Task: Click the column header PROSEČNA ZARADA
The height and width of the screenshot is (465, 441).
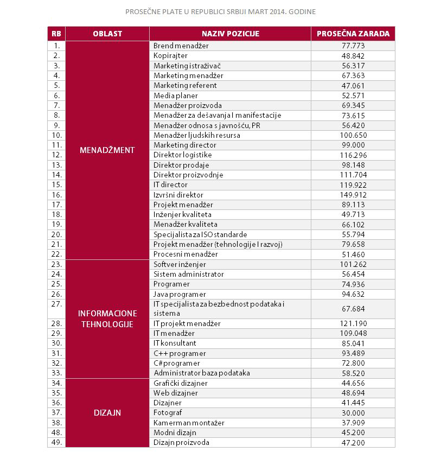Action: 353,34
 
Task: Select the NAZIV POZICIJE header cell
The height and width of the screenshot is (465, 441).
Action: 230,34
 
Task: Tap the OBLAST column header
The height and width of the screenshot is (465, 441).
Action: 107,34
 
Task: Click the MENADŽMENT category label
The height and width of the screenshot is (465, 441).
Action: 107,150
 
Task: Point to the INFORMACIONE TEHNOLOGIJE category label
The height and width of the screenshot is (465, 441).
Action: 107,319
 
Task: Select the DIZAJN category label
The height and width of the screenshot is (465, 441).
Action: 107,412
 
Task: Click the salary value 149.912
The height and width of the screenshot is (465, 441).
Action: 353,195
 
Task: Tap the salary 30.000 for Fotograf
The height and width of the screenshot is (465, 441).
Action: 353,413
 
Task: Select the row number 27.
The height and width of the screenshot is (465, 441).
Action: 56,304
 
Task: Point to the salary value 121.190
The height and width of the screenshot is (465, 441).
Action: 353,323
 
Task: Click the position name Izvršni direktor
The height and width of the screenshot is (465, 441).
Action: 178,195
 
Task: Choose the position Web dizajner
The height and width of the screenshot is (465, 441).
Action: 176,393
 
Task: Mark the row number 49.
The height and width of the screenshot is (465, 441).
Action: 56,442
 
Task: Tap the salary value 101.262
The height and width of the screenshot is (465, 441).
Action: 353,264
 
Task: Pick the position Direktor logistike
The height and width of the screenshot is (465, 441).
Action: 182,155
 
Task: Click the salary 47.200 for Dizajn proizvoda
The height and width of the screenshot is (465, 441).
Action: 353,442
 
